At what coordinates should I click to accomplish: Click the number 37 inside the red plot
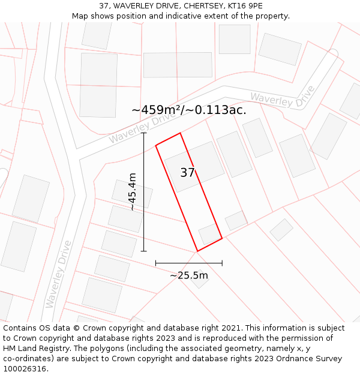click(x=188, y=173)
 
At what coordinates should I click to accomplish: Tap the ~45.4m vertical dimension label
click(x=132, y=191)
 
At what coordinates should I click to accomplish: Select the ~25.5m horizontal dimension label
click(x=188, y=275)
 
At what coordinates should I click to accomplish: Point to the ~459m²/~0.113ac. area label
click(x=188, y=110)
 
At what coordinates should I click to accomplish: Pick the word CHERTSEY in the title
click(x=205, y=6)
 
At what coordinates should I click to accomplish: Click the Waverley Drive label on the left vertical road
click(x=58, y=274)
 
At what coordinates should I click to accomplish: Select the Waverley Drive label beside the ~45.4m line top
click(x=137, y=128)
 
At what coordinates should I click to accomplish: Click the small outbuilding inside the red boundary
click(x=209, y=234)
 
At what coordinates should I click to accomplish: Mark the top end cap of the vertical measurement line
click(x=144, y=133)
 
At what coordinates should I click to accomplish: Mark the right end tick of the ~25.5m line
click(x=222, y=263)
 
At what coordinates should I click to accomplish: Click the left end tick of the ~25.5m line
click(x=155, y=263)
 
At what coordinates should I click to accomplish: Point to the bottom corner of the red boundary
click(x=197, y=251)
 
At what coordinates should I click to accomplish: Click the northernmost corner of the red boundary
click(x=180, y=133)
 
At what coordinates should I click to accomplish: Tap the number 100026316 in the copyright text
click(x=24, y=369)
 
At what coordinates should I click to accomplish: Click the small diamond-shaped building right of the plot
click(x=281, y=230)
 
